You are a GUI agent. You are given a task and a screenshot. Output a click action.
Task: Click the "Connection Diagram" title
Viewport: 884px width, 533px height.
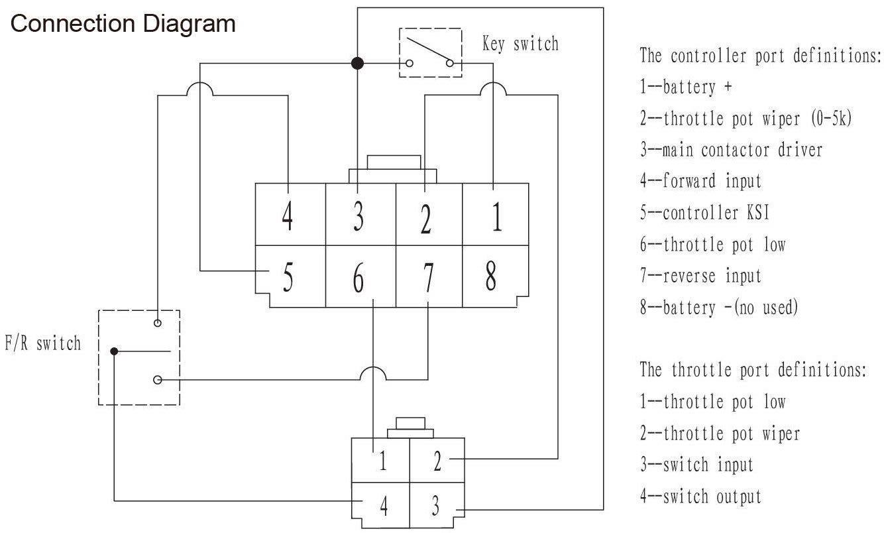coord(123,24)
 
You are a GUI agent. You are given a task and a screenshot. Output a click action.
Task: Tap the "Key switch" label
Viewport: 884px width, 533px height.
coord(521,44)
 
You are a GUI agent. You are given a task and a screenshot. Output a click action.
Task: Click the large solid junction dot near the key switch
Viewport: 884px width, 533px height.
coord(357,63)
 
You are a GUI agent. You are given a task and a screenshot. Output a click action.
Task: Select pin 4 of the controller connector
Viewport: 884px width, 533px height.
coord(290,214)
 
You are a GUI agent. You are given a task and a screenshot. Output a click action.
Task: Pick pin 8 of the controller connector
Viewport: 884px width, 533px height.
coord(495,276)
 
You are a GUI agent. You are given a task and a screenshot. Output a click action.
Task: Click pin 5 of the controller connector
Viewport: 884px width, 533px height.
coord(290,276)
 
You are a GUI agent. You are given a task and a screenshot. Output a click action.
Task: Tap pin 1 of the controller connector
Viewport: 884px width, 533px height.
coord(495,214)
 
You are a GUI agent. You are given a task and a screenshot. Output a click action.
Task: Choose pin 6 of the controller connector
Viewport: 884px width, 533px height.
coord(360,276)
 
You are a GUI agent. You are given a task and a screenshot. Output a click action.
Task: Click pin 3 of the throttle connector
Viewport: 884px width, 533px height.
coord(437,505)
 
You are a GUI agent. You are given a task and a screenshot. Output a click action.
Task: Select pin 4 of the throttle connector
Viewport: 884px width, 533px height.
coord(381,505)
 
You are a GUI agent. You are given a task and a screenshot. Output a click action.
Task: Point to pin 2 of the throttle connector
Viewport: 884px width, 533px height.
coord(437,460)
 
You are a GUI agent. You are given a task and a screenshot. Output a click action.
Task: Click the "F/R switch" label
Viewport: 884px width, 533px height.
coord(42,343)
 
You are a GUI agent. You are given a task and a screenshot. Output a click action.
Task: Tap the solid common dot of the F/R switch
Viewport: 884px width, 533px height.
coord(114,351)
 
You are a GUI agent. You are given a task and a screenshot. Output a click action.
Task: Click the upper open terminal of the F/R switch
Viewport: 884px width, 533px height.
coord(158,323)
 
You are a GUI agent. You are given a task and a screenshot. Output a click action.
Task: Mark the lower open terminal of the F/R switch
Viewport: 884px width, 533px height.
coord(158,380)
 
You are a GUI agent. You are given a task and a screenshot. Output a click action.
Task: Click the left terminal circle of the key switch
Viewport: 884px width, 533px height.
coord(410,63)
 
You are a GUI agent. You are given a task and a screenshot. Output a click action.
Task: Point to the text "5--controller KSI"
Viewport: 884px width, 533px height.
coord(705,212)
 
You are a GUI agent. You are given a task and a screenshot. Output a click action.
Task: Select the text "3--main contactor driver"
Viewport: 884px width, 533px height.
coord(732,150)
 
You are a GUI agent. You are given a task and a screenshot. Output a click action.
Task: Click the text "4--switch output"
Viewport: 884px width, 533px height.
coord(700,497)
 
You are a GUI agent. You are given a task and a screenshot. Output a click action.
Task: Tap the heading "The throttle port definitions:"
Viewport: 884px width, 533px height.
coord(753,370)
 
